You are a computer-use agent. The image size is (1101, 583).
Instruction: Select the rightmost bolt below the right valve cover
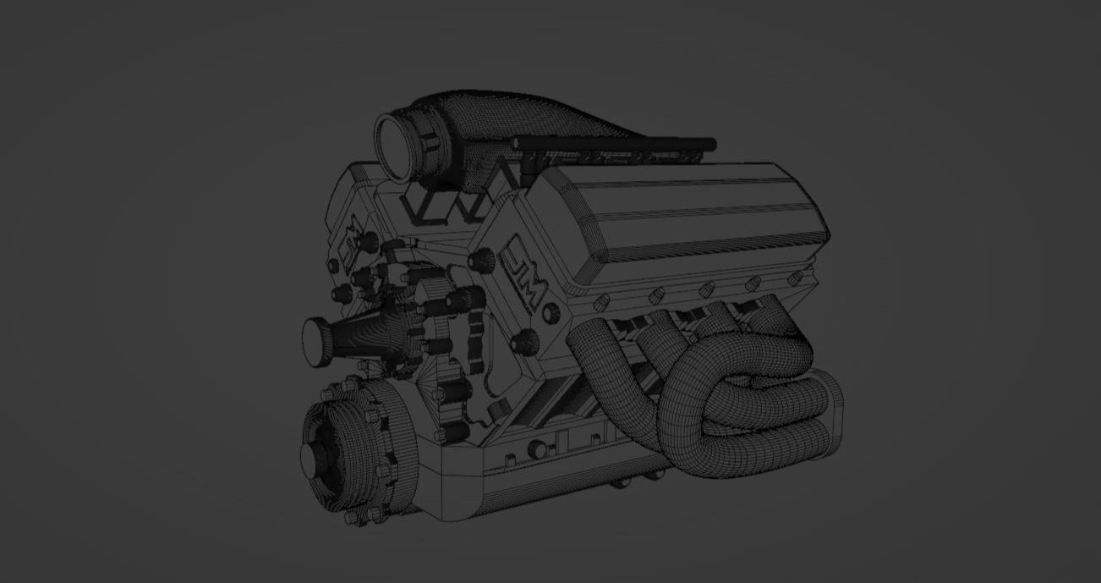tap(794, 278)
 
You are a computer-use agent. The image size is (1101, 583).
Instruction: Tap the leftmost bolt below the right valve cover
tap(601, 301)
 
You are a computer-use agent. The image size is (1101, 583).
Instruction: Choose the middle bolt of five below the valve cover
tap(704, 290)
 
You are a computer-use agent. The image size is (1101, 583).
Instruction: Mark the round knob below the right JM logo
tap(528, 341)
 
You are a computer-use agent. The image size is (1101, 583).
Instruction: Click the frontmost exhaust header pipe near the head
tap(592, 347)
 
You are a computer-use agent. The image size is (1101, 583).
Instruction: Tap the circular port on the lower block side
tap(537, 449)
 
